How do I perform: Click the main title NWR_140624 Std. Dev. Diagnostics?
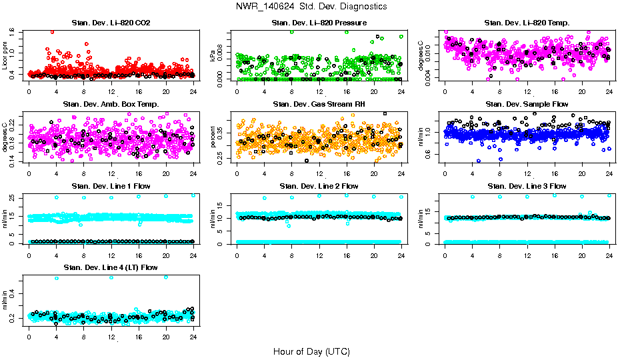[x=311, y=7]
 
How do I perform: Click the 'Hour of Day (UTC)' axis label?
[x=311, y=351]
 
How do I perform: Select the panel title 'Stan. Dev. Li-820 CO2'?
[x=111, y=23]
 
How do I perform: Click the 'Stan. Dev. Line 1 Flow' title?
[x=111, y=186]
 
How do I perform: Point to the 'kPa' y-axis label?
[x=213, y=56]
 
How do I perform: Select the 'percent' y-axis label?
[x=213, y=137]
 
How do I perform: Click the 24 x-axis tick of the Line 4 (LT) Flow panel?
[x=193, y=337]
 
